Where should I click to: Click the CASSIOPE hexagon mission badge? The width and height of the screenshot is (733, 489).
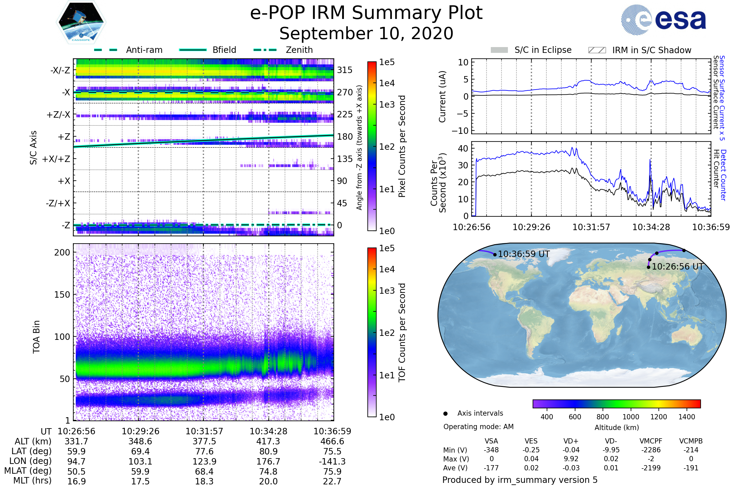(x=81, y=22)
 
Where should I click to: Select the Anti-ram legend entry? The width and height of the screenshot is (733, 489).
(x=144, y=50)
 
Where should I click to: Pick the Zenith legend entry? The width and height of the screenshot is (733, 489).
(x=299, y=50)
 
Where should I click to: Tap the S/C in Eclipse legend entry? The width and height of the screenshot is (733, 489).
(x=543, y=50)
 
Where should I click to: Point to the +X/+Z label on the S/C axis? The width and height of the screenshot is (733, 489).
(x=56, y=159)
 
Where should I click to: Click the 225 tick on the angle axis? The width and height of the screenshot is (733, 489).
(x=345, y=114)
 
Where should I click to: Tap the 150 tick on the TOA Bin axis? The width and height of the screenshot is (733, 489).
(x=62, y=295)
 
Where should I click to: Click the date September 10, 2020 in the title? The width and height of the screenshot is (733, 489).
(x=366, y=33)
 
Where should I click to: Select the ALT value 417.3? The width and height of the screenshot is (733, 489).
(x=268, y=442)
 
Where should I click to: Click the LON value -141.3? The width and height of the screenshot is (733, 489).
(x=332, y=461)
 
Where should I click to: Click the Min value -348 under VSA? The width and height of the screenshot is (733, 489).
(x=491, y=450)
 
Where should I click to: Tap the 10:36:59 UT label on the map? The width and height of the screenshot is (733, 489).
(x=524, y=254)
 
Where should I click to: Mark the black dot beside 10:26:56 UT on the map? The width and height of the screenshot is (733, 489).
(x=648, y=267)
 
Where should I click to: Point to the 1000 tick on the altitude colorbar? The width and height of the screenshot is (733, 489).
(x=631, y=417)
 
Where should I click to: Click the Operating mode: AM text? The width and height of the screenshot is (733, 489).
(x=478, y=427)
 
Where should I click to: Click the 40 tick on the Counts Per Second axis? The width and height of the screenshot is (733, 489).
(x=463, y=149)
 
